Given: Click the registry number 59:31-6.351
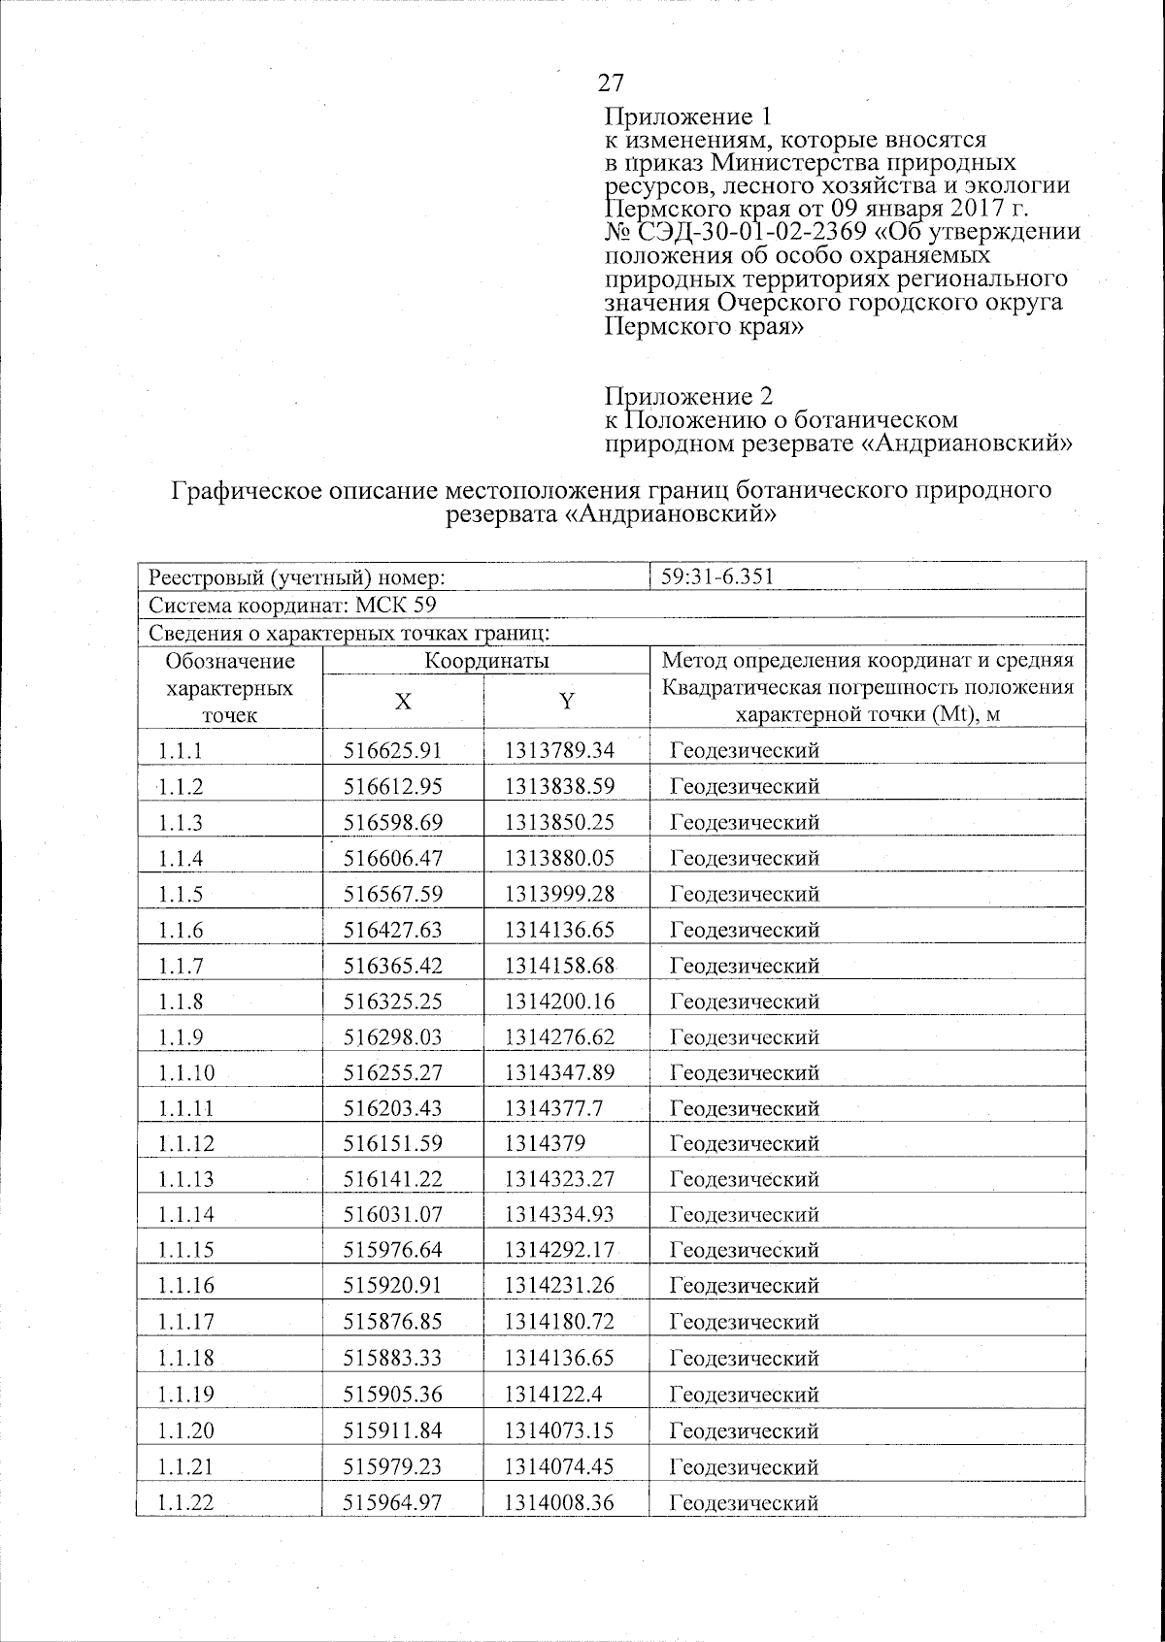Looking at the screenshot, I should (716, 577).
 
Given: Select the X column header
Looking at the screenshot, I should (402, 702).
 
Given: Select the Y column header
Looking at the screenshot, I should (567, 702).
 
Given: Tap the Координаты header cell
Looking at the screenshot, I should (486, 661).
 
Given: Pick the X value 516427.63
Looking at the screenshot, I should (393, 930).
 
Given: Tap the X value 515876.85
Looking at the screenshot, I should (393, 1322).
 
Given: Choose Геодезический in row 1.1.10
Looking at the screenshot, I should (745, 1072).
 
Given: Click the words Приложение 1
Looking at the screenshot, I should (687, 117).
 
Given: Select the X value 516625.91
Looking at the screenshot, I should (393, 750).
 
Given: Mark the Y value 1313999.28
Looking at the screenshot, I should (559, 894).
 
